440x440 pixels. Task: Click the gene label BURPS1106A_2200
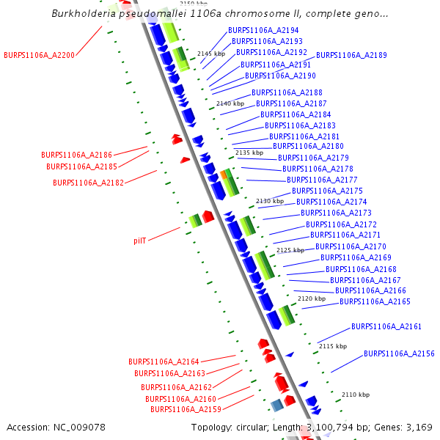coord(39,55)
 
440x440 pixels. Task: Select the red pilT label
coord(140,241)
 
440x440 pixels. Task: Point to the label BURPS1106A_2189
coord(351,55)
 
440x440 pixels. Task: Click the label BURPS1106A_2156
coord(399,353)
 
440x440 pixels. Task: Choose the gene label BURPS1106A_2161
coord(386,326)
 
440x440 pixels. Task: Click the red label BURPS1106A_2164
coord(164,362)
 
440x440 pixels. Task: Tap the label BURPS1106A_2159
coord(186,409)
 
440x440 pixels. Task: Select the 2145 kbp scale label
coord(210,54)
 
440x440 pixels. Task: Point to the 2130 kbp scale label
coord(269,201)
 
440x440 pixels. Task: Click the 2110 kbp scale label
coord(355,395)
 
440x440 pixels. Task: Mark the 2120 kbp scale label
coord(311,298)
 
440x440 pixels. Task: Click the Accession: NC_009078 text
coord(56,427)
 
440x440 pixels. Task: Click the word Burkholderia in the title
coord(81,13)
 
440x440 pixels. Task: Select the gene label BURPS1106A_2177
coord(322,180)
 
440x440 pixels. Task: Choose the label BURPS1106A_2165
coord(375,301)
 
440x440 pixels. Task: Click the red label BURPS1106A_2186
coord(76,155)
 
